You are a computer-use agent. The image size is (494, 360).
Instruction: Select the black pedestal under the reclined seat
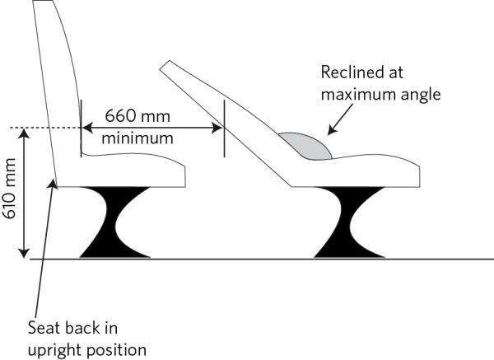[349, 222]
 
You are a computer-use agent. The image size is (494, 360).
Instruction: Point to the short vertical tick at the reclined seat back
[224, 128]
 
